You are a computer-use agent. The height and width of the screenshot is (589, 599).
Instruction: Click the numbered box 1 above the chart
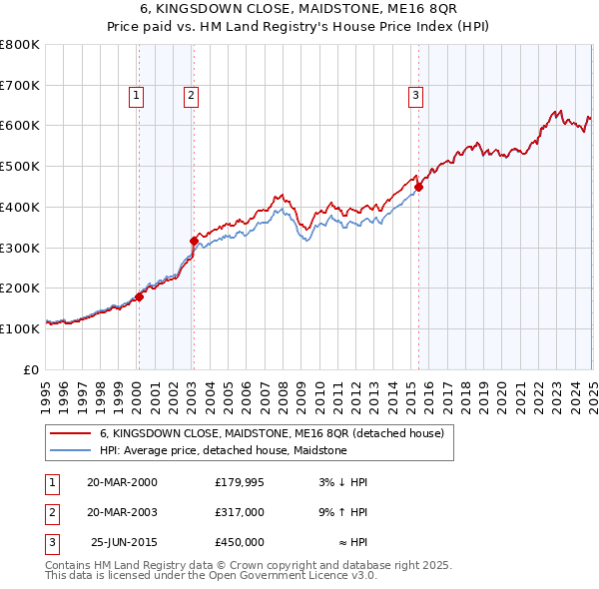(136, 96)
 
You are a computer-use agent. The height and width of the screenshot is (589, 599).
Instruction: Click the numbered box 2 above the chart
(190, 96)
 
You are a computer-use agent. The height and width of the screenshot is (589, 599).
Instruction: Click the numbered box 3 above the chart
(414, 96)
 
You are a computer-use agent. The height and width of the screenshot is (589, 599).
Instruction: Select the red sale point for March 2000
(140, 296)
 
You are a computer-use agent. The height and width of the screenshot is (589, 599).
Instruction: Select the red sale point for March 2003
(195, 241)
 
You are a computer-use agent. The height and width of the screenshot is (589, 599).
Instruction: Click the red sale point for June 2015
(419, 186)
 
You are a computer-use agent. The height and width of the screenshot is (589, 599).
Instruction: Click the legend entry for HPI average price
(223, 450)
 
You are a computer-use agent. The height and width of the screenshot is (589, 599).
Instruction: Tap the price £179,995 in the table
(240, 481)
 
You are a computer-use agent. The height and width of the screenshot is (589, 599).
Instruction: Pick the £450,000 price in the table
(240, 542)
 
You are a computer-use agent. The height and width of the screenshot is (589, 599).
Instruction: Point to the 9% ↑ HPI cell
(343, 512)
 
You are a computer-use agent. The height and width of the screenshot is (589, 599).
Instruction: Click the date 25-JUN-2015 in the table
(124, 542)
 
